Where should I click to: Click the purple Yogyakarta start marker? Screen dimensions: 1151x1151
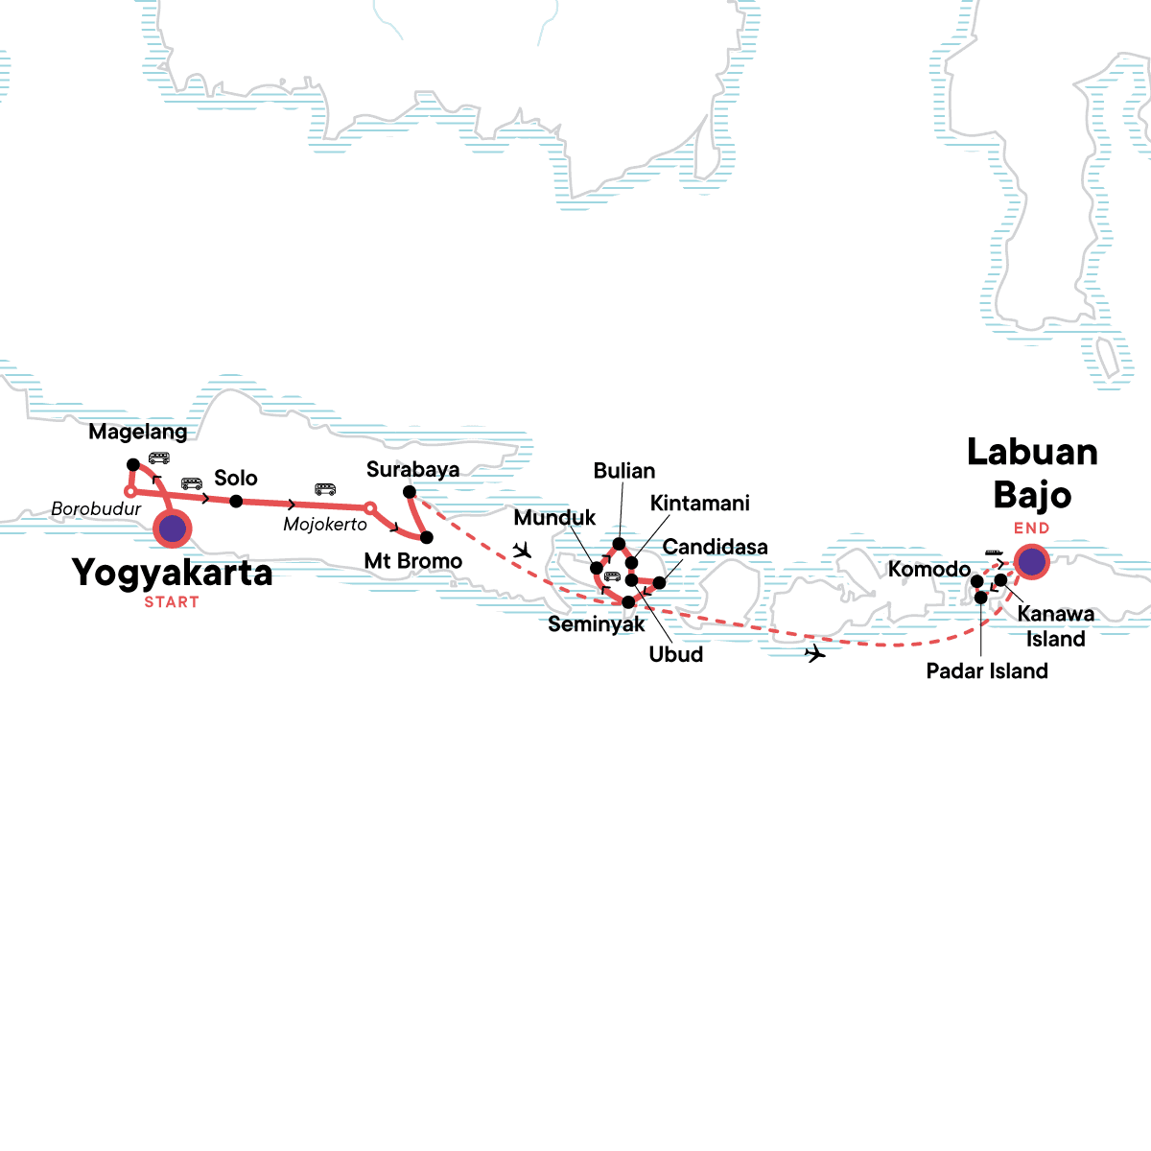pyautogui.click(x=173, y=529)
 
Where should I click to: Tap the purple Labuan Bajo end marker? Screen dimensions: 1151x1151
pyautogui.click(x=1031, y=562)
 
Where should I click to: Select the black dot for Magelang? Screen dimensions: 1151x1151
pyautogui.click(x=133, y=465)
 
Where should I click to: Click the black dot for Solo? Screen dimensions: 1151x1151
pyautogui.click(x=236, y=501)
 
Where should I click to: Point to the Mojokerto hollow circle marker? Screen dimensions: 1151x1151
pyautogui.click(x=369, y=507)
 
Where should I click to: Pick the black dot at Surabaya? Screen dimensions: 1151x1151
pyautogui.click(x=410, y=492)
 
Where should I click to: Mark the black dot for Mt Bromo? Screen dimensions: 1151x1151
pyautogui.click(x=427, y=537)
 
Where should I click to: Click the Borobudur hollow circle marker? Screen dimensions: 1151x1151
pyautogui.click(x=130, y=493)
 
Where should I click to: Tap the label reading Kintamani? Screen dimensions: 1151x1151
pyautogui.click(x=699, y=504)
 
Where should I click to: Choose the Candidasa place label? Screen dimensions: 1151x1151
pyautogui.click(x=715, y=547)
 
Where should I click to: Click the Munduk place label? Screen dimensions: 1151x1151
pyautogui.click(x=554, y=518)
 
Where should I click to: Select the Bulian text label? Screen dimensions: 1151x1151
pyautogui.click(x=624, y=471)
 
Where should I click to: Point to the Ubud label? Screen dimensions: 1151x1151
pyautogui.click(x=676, y=654)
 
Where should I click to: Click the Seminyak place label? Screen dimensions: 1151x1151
pyautogui.click(x=597, y=624)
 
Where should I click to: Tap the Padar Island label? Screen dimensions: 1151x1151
pyautogui.click(x=987, y=671)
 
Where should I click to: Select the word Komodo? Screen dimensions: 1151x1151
pyautogui.click(x=928, y=570)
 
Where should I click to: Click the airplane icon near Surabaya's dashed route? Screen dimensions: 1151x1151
pyautogui.click(x=522, y=551)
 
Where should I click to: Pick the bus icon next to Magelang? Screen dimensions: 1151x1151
pyautogui.click(x=158, y=458)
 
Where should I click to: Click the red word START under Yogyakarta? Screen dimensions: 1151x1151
pyautogui.click(x=172, y=602)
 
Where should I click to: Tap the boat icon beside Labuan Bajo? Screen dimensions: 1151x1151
pyautogui.click(x=994, y=552)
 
